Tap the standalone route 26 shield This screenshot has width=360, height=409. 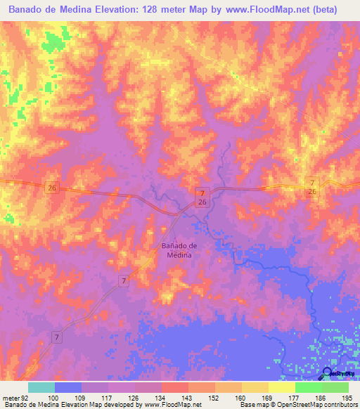click(x=51, y=187)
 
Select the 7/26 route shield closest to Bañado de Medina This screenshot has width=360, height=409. click(x=202, y=197)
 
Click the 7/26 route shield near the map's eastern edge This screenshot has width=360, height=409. click(x=312, y=187)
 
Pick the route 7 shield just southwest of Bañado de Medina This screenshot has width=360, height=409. click(x=124, y=281)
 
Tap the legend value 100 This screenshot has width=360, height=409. click(x=53, y=398)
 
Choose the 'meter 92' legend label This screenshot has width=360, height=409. click(x=13, y=398)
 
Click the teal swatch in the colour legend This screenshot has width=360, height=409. click(x=41, y=387)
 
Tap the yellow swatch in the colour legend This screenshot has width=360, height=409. click(x=282, y=387)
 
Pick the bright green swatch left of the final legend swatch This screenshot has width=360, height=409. click(x=309, y=387)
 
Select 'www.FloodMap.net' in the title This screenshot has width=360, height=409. click(x=263, y=10)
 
